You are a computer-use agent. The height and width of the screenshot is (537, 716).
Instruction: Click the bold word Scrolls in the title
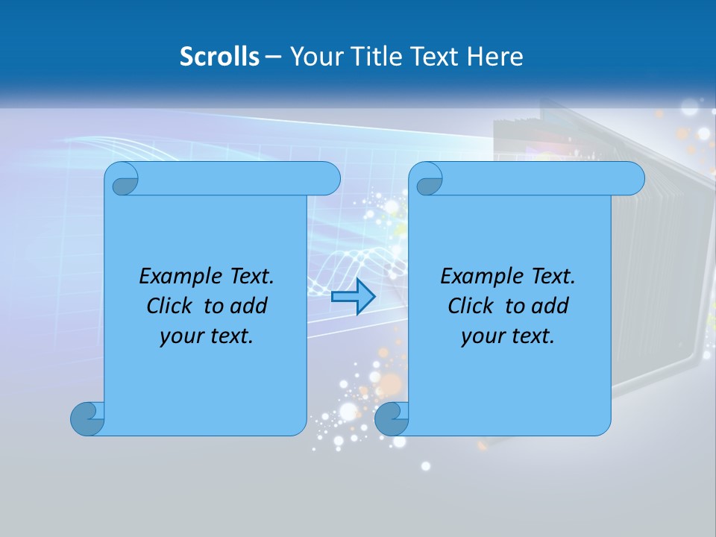pyautogui.click(x=219, y=56)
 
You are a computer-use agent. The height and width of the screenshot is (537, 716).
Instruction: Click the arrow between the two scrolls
pyautogui.click(x=353, y=297)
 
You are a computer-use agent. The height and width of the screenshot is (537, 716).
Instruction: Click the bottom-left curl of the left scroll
pyautogui.click(x=87, y=418)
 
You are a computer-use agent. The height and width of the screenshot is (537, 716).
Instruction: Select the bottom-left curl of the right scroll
pyautogui.click(x=391, y=418)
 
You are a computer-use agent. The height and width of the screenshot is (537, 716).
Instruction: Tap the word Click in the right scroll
pyautogui.click(x=470, y=306)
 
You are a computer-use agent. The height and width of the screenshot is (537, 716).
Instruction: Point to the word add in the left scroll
pyautogui.click(x=248, y=306)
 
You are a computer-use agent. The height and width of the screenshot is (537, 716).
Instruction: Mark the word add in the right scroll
pyautogui.click(x=550, y=306)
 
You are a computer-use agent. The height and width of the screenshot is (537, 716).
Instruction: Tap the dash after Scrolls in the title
pyautogui.click(x=273, y=57)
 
